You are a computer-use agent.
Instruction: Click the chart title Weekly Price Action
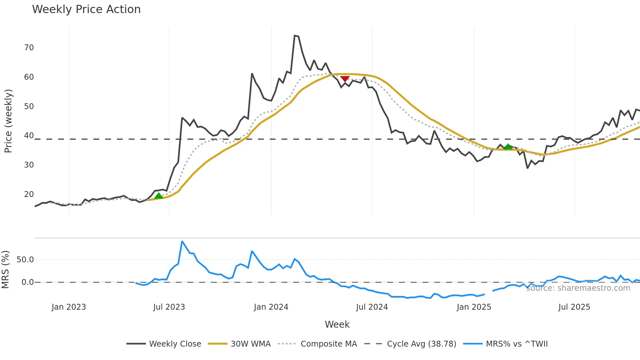(x=86, y=9)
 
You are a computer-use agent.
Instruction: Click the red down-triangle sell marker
(x=345, y=79)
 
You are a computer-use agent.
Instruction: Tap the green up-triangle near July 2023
(x=159, y=196)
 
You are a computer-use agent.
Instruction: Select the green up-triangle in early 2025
(x=508, y=146)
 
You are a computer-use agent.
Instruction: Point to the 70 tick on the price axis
(x=29, y=48)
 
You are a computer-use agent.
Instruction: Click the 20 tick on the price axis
(x=29, y=194)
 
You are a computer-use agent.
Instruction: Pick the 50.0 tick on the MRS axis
(x=25, y=260)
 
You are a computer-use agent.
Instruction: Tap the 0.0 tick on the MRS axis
(x=27, y=282)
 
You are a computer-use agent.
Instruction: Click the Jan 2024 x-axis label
(x=271, y=307)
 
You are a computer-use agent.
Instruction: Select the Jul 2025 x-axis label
(x=574, y=307)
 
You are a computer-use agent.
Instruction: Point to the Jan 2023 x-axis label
(x=69, y=307)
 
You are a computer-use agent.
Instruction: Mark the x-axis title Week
(x=337, y=324)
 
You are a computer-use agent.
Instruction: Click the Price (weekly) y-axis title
(x=8, y=121)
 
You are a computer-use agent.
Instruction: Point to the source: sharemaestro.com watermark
(x=578, y=288)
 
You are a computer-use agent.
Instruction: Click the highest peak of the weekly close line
(x=295, y=36)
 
